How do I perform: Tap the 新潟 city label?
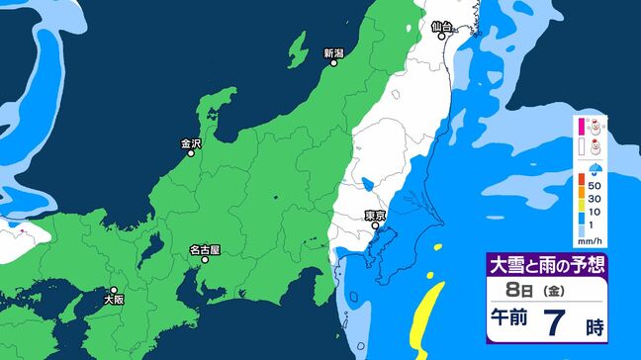click(333, 52)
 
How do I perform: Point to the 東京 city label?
click(374, 215)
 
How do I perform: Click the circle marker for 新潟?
click(334, 63)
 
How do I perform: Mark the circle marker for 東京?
click(375, 225)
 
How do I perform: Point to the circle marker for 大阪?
click(114, 289)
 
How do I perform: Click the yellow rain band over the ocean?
click(426, 312)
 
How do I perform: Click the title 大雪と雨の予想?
click(546, 265)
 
